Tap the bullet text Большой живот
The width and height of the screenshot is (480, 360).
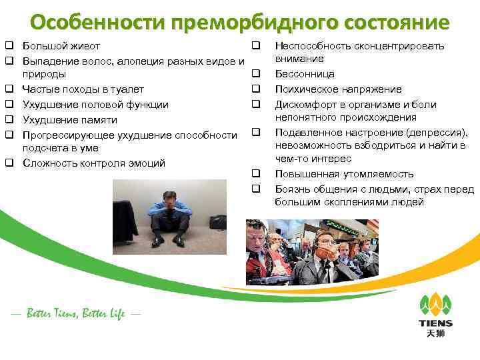pyautogui.click(x=61, y=46)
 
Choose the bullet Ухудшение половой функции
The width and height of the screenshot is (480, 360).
pyautogui.click(x=95, y=104)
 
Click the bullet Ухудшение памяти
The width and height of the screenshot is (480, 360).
pyautogui.click(x=70, y=119)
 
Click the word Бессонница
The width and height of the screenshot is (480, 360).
pyautogui.click(x=305, y=74)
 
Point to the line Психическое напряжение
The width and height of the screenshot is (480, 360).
pyautogui.click(x=338, y=89)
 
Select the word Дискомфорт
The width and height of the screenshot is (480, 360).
pyautogui.click(x=306, y=105)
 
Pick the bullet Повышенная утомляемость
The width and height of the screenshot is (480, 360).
pyautogui.click(x=344, y=174)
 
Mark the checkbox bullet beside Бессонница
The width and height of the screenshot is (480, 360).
pyautogui.click(x=255, y=74)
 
